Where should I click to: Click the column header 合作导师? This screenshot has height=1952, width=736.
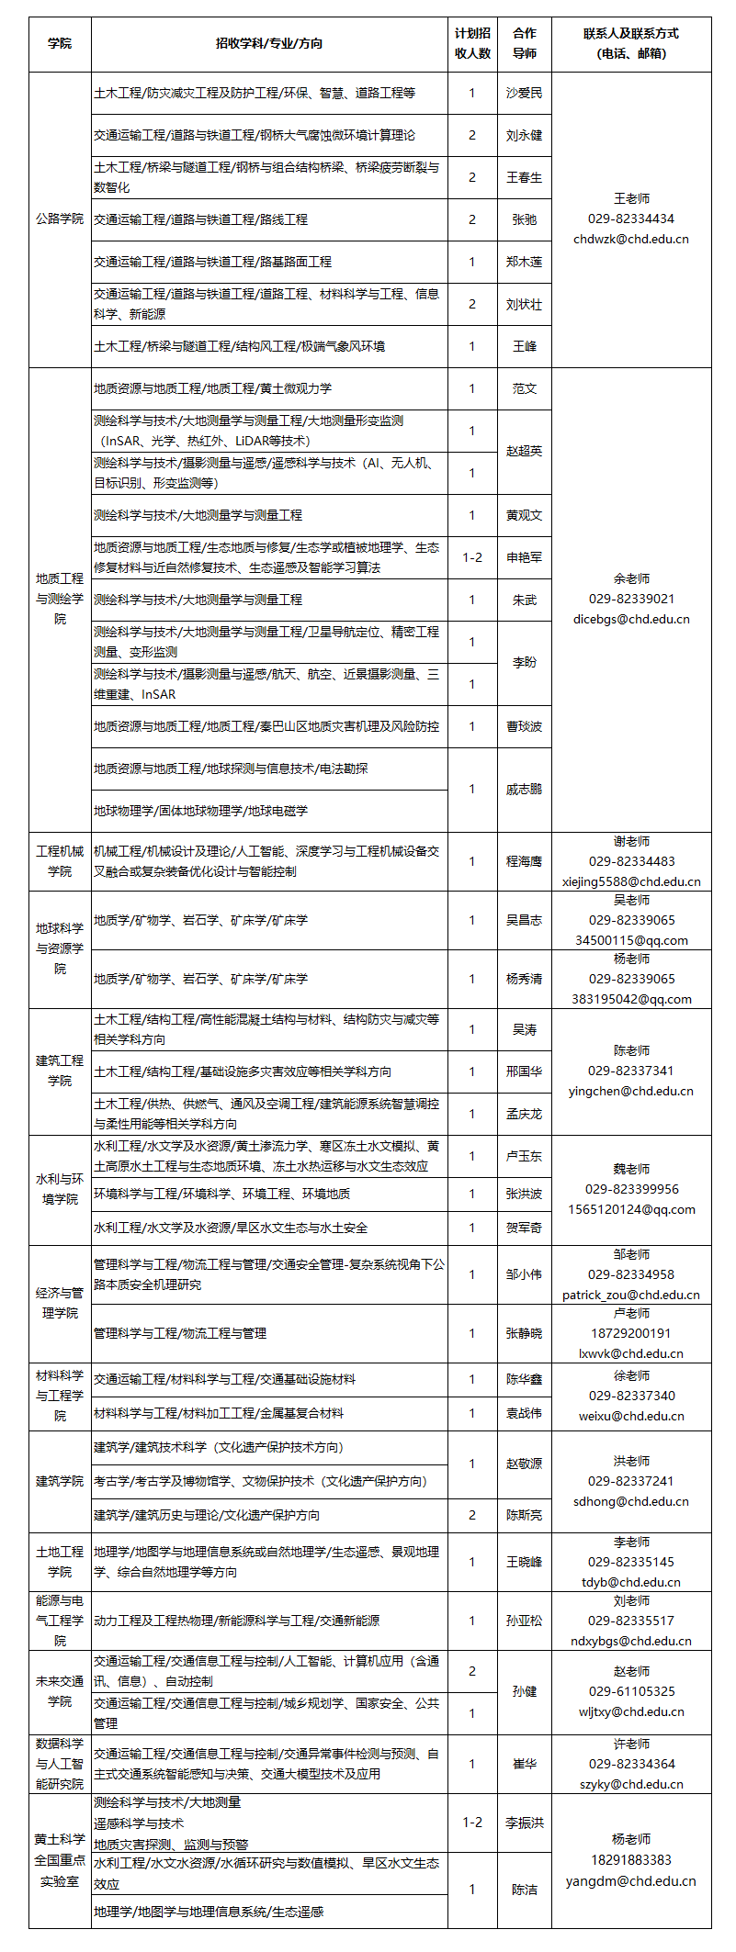tap(524, 43)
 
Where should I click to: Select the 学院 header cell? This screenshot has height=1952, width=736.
tap(60, 43)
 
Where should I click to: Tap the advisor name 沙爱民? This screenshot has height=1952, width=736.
tap(524, 93)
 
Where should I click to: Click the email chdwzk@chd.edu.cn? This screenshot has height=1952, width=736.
tap(631, 239)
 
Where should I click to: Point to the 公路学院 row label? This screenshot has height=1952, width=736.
tap(60, 219)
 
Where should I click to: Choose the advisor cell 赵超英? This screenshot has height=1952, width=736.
tap(524, 451)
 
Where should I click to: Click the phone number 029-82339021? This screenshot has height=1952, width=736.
tap(631, 599)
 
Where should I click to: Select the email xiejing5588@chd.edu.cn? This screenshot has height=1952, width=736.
tap(631, 881)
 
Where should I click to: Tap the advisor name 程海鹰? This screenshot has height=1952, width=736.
tap(524, 861)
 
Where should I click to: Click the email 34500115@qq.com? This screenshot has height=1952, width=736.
tap(631, 940)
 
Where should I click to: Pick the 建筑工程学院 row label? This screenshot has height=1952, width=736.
tap(60, 1071)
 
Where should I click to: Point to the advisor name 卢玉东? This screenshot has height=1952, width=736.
tap(524, 1156)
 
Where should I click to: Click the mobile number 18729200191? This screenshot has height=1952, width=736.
tap(631, 1333)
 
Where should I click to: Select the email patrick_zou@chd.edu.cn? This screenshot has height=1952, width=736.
tap(631, 1295)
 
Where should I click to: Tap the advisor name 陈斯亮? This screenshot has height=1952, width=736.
tap(524, 1515)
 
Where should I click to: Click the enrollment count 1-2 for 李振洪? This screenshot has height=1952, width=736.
tap(472, 1823)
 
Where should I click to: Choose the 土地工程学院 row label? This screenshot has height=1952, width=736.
tap(60, 1562)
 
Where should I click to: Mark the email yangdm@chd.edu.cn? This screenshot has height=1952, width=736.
tap(631, 1879)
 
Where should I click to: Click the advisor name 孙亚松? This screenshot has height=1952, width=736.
tap(524, 1621)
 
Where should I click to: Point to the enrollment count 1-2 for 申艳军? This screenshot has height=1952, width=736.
tap(472, 557)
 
